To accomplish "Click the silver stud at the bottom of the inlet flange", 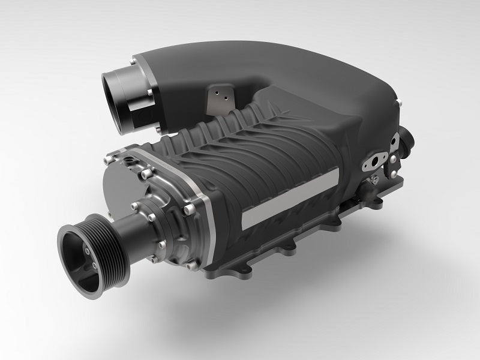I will click(157, 127).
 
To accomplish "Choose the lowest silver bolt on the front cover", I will click(191, 265).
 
